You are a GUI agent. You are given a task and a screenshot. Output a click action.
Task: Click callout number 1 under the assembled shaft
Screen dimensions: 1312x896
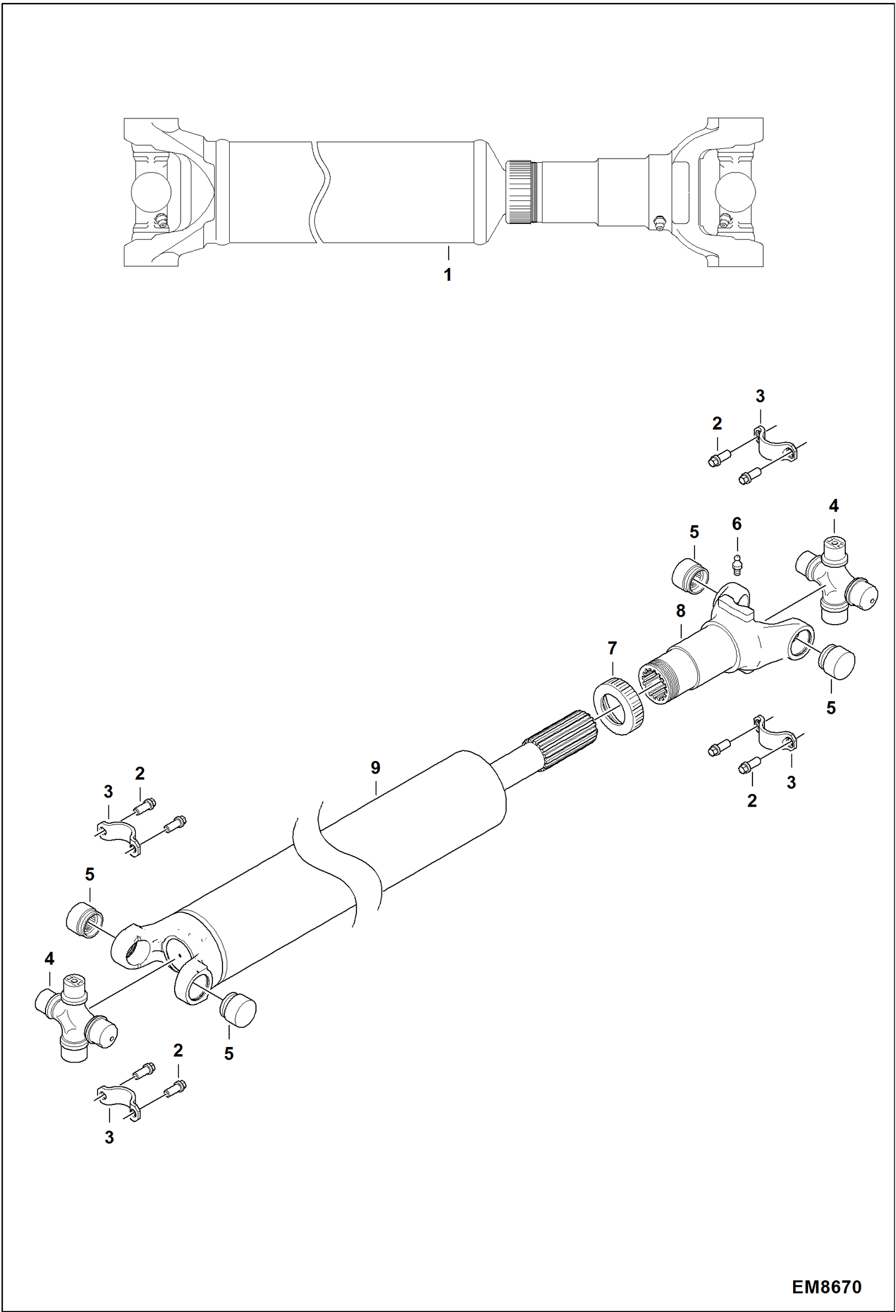(447, 275)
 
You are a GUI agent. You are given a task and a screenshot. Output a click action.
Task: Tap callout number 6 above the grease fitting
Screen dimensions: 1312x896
(736, 524)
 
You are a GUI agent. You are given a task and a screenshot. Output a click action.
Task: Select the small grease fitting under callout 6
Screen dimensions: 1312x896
(737, 565)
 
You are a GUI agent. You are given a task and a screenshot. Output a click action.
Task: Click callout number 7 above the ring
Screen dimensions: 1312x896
(611, 648)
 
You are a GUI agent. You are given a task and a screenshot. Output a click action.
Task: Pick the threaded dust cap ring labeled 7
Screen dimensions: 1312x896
(619, 704)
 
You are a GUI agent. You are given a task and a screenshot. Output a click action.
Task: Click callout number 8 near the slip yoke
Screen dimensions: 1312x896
(680, 611)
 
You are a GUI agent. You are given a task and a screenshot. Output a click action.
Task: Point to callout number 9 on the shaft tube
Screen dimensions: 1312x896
(375, 768)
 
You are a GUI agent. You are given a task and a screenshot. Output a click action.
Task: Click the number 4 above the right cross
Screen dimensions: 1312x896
(833, 506)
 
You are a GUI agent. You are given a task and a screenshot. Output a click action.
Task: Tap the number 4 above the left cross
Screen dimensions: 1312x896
(49, 959)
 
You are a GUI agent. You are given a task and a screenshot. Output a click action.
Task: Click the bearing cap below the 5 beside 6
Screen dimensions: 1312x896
(690, 577)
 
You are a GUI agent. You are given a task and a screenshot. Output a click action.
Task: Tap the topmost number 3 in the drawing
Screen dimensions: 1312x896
(760, 396)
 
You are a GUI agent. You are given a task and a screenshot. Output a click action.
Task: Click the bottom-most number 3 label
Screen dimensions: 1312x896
(109, 1138)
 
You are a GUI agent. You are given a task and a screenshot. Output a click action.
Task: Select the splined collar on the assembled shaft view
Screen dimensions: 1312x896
(520, 192)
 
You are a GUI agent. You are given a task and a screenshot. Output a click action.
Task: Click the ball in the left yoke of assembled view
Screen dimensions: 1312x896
(150, 192)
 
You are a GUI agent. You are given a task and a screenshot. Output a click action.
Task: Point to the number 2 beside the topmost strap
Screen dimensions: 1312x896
(717, 424)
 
